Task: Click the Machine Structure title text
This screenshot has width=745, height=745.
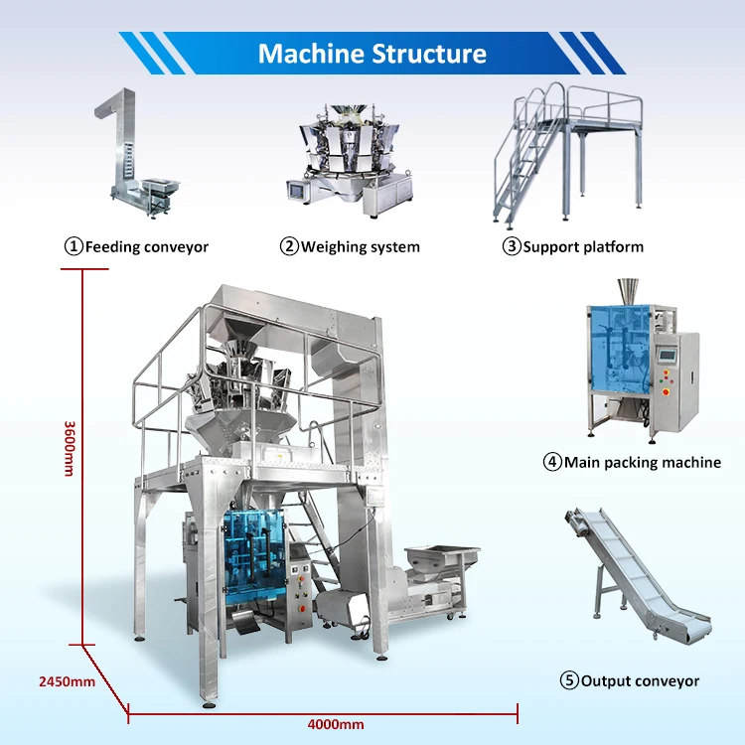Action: point(372,53)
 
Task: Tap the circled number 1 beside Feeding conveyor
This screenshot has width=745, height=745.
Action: point(74,246)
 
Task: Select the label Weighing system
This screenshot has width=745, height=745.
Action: point(361,246)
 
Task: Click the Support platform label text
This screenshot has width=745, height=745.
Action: point(583,246)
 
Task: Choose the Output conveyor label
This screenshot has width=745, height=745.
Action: point(640,681)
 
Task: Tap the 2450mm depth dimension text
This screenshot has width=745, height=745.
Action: point(67,681)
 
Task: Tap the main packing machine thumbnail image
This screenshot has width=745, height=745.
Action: point(642,368)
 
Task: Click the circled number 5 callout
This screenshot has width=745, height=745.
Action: point(569,681)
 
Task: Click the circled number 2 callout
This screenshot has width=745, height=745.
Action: point(289,246)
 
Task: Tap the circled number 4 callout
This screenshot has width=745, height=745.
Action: point(551,462)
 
